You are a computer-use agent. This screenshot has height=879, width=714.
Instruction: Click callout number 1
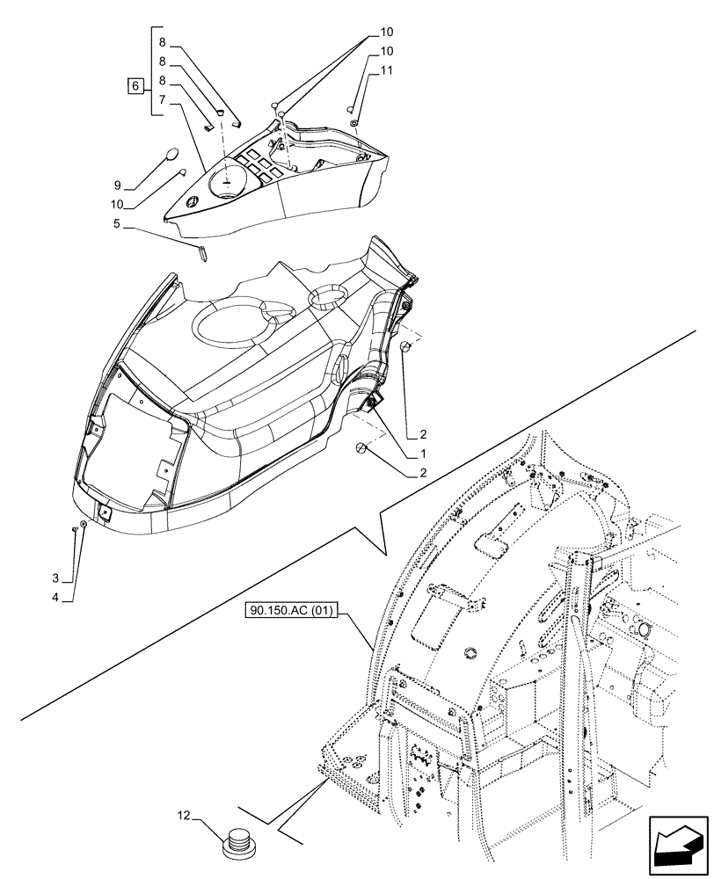coord(423,454)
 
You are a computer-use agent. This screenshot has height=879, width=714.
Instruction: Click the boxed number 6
coord(135,86)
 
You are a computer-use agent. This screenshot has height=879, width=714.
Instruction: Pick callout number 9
coord(117,186)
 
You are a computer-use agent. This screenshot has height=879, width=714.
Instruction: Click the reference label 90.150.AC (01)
coord(297,610)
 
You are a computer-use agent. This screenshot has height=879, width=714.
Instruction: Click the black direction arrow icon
coord(678,845)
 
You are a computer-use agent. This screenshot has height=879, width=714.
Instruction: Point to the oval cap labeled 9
coord(173,156)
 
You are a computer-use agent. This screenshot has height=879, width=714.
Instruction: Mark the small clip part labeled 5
coord(200,252)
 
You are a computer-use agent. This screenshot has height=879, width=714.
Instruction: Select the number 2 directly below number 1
coord(423,472)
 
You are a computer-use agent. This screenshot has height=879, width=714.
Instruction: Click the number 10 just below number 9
coord(117,206)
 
